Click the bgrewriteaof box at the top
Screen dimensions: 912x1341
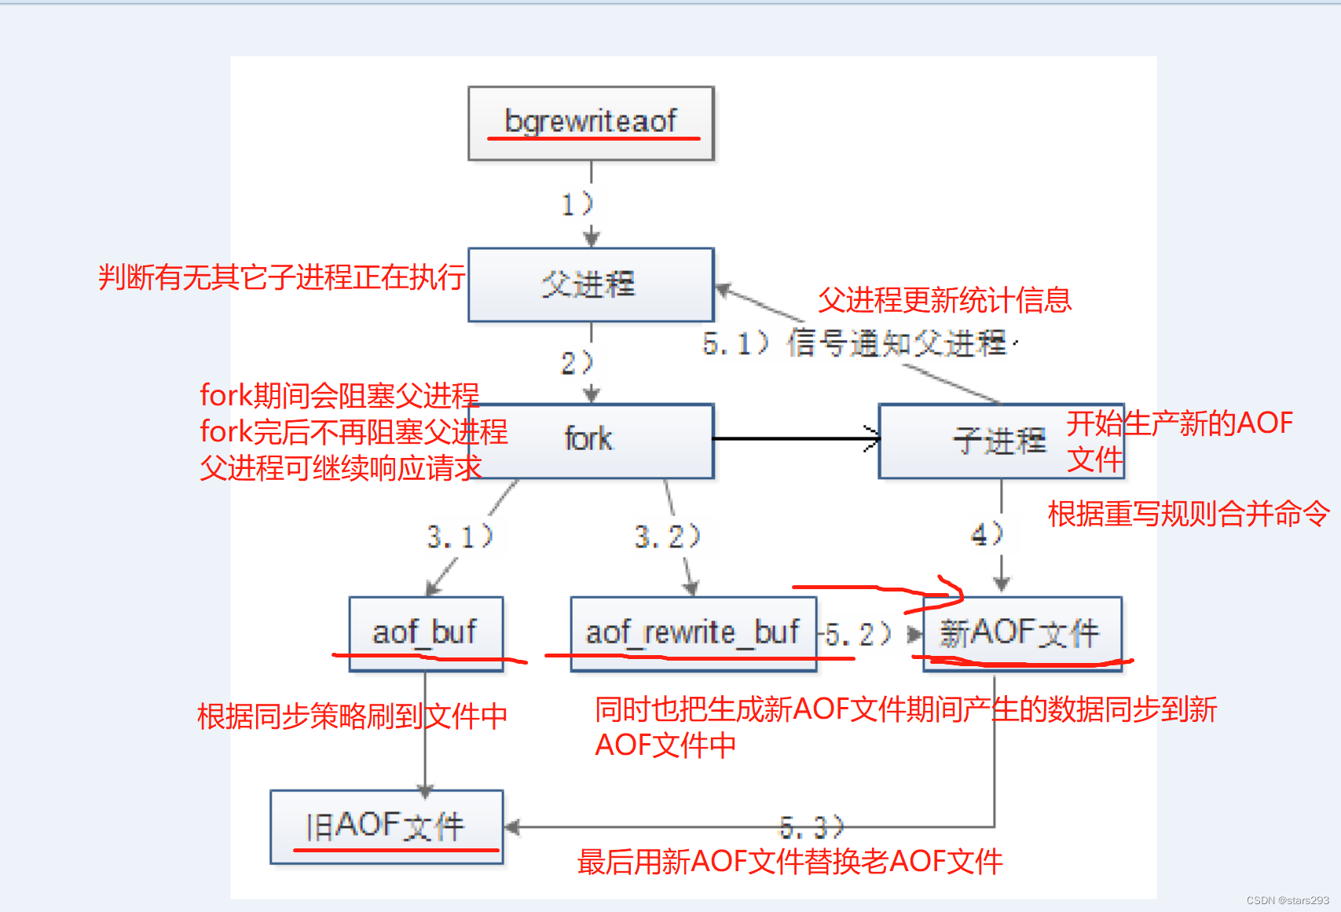[591, 123]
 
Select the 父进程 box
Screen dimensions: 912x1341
[591, 284]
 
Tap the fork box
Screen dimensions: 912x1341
[591, 440]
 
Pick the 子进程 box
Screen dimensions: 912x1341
[1000, 441]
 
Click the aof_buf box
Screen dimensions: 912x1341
[426, 632]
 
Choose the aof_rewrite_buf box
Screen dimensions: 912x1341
[693, 632]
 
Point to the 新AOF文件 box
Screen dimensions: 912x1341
[1021, 632]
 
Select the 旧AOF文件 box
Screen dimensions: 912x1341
[387, 826]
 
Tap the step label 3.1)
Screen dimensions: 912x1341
[460, 537]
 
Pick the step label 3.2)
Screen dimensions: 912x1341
[667, 537]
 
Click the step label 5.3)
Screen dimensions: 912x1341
[812, 827]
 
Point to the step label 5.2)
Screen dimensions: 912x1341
[859, 634]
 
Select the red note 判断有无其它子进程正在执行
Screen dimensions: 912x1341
[281, 277]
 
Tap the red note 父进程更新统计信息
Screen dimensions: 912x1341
[944, 300]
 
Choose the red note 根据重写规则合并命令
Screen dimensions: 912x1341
[1189, 514]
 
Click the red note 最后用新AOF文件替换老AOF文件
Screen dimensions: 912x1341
[790, 862]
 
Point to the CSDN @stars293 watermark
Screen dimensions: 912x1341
[1288, 900]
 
